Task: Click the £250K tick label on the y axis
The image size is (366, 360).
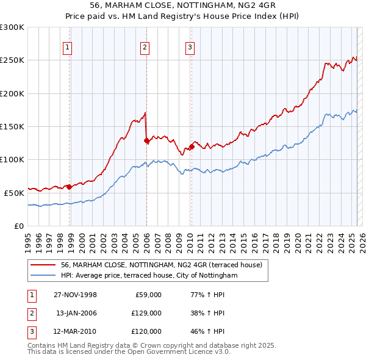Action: pyautogui.click(x=12, y=60)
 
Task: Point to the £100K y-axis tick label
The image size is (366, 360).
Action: pyautogui.click(x=12, y=159)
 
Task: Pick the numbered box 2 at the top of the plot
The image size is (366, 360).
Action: pyautogui.click(x=145, y=48)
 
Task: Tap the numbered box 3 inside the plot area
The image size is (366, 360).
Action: pyautogui.click(x=190, y=48)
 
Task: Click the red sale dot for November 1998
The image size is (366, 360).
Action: pyautogui.click(x=70, y=187)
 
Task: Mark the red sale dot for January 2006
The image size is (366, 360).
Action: pyautogui.click(x=146, y=141)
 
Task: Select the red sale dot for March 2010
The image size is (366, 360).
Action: pyautogui.click(x=192, y=146)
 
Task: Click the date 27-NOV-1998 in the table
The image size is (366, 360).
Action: pyautogui.click(x=75, y=295)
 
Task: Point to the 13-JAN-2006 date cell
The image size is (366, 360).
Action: pyautogui.click(x=75, y=313)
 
